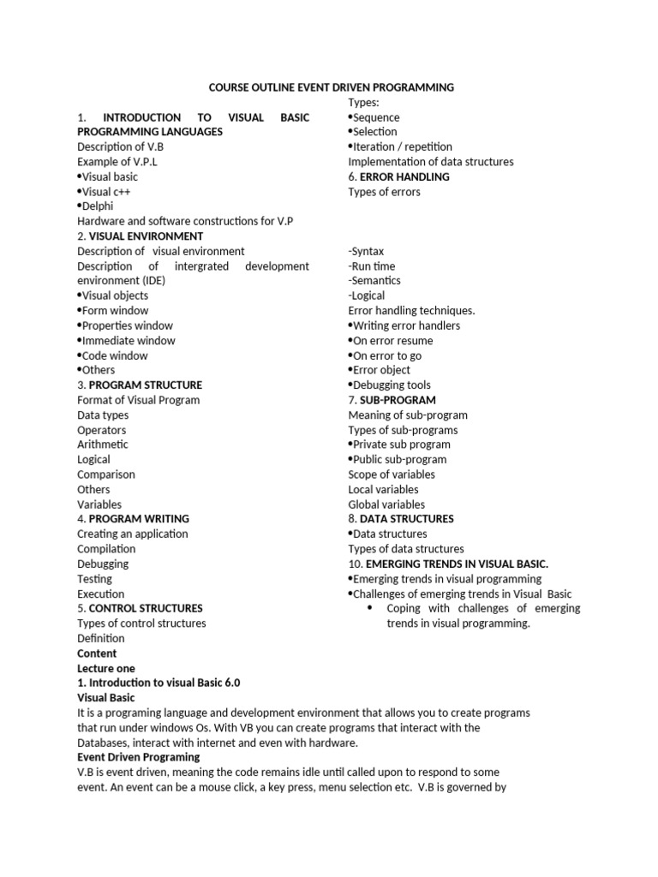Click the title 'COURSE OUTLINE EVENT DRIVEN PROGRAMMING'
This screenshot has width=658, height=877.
pyautogui.click(x=332, y=87)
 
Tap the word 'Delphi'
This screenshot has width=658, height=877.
pyautogui.click(x=97, y=206)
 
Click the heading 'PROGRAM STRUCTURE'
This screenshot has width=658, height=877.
pyautogui.click(x=146, y=385)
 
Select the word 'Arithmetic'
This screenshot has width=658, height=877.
pyautogui.click(x=103, y=444)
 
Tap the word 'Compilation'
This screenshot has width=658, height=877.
pyautogui.click(x=106, y=549)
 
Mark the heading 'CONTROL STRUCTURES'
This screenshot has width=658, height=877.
pyautogui.click(x=146, y=608)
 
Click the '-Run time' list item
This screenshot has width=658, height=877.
pyautogui.click(x=372, y=266)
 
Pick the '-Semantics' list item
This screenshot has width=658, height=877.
pyautogui.click(x=374, y=281)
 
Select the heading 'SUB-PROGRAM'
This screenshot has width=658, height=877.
pyautogui.click(x=398, y=400)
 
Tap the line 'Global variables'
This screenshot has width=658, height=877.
pyautogui.click(x=386, y=504)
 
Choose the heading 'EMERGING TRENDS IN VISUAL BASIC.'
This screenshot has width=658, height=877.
pyautogui.click(x=457, y=564)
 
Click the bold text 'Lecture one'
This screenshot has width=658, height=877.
pyautogui.click(x=106, y=668)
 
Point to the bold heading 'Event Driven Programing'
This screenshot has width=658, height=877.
pyautogui.click(x=138, y=757)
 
